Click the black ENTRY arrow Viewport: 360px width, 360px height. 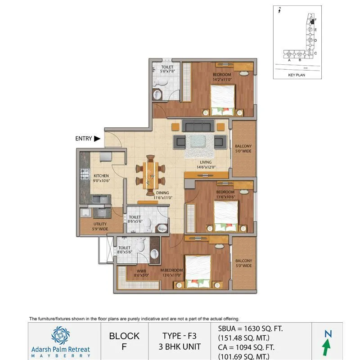(97, 139)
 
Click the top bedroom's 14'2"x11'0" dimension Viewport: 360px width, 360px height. (222, 79)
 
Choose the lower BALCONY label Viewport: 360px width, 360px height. (243, 263)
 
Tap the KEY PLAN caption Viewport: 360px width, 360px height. (297, 75)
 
